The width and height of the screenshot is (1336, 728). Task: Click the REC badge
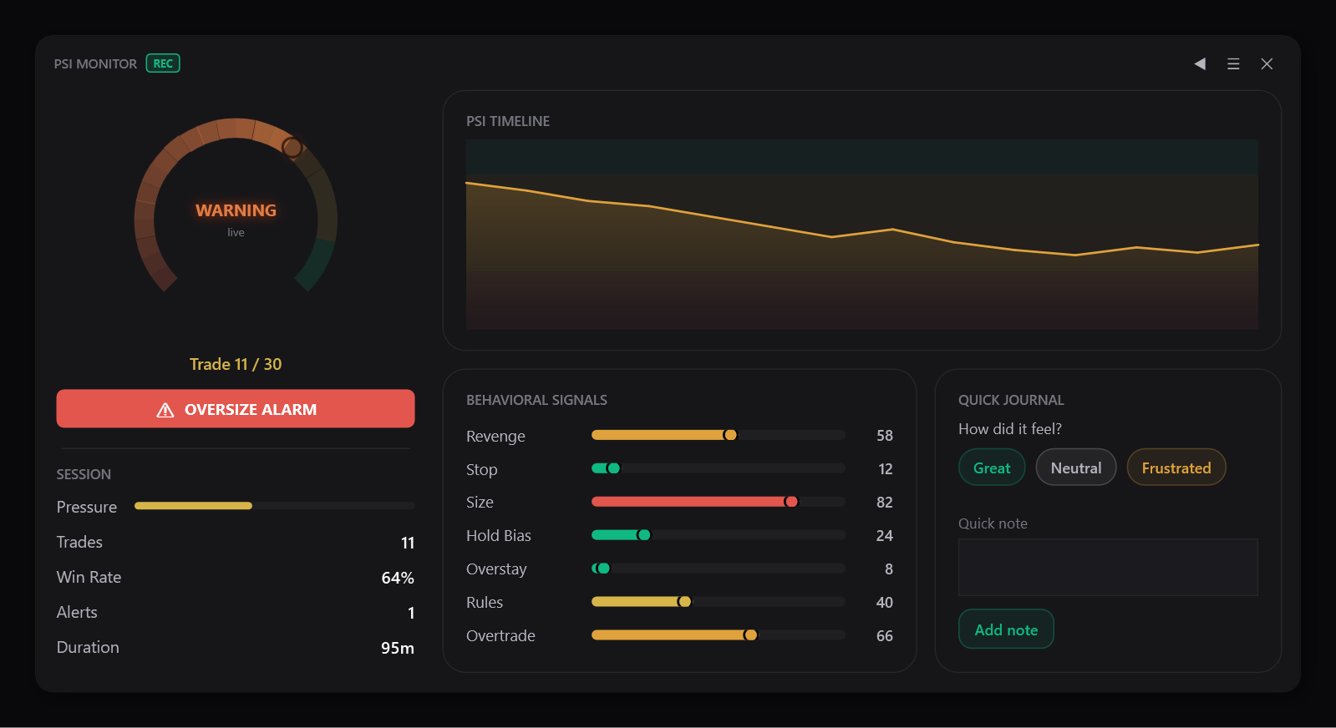coord(163,63)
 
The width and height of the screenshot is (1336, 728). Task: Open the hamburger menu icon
coord(1233,63)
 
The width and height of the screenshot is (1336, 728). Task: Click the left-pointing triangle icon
coord(1200,63)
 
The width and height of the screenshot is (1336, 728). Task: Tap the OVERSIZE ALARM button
coord(236,409)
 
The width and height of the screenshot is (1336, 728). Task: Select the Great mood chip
coord(992,468)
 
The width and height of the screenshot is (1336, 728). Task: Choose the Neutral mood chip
coord(1076,468)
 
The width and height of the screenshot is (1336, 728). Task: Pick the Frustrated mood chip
coord(1176,468)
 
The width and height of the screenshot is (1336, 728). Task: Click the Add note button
coord(1006,629)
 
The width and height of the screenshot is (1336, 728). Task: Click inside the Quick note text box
coord(1108,567)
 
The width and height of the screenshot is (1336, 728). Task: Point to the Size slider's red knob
coord(791,502)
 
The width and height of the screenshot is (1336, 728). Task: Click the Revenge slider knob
coord(730,435)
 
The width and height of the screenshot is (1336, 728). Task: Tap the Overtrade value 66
coord(885,635)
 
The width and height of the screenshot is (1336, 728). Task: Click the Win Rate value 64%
coord(398,577)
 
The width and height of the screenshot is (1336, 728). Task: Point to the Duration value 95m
coord(398,648)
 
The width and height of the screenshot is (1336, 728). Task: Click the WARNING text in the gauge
coord(236,210)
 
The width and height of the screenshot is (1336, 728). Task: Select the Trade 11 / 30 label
coord(236,364)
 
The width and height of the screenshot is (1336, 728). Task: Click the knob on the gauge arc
coord(292,147)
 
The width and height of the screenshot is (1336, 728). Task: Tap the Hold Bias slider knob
coord(643,535)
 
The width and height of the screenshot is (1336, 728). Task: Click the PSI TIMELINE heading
coord(508,121)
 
